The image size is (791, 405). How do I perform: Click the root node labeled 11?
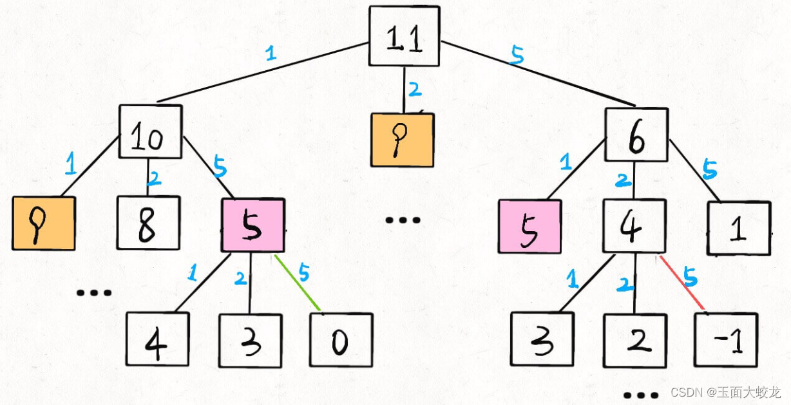click(x=404, y=36)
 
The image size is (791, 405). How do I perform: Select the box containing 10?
click(x=150, y=132)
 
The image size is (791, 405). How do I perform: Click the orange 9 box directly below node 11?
click(x=402, y=140)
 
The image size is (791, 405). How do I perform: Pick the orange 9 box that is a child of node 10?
click(x=43, y=223)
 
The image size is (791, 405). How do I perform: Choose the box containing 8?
click(x=147, y=222)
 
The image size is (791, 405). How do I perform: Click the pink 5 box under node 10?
click(x=252, y=225)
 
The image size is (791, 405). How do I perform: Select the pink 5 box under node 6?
click(x=529, y=226)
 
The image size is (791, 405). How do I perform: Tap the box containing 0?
click(x=341, y=339)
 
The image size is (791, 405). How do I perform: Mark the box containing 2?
click(x=634, y=340)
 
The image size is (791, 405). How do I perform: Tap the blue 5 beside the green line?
click(x=303, y=272)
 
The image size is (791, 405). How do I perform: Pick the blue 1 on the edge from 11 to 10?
click(x=271, y=53)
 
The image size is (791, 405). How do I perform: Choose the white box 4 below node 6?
click(x=634, y=226)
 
